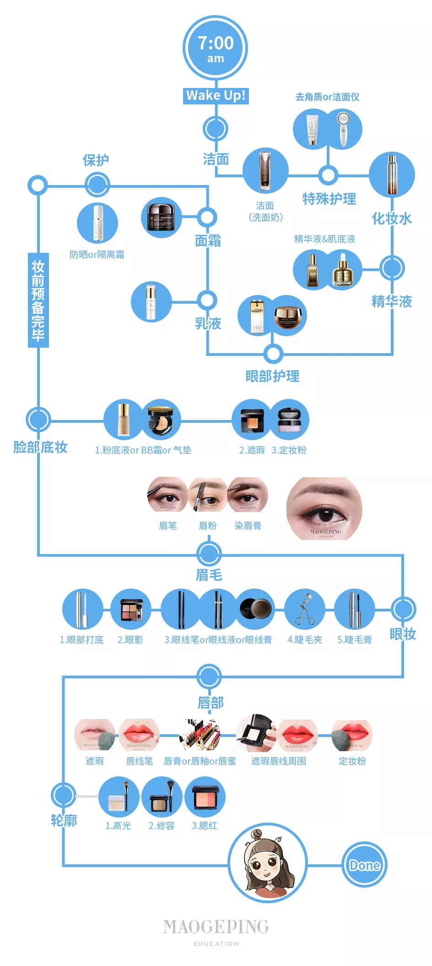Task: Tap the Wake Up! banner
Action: click(216, 95)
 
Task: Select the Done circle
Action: click(365, 865)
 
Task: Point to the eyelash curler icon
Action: click(304, 609)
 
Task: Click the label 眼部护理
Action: click(272, 377)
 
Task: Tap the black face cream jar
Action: click(161, 217)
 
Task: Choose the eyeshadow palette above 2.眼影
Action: click(131, 609)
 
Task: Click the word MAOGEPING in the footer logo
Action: click(216, 927)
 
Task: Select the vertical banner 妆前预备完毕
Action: click(38, 300)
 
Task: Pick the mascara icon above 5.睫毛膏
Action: click(355, 609)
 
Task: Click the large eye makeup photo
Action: click(324, 508)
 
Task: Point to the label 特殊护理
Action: click(329, 199)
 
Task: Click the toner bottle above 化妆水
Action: click(392, 175)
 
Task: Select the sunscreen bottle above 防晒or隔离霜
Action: click(97, 223)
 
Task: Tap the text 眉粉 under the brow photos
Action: click(208, 526)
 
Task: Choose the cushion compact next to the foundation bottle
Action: click(161, 420)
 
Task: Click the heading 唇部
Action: click(211, 703)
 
